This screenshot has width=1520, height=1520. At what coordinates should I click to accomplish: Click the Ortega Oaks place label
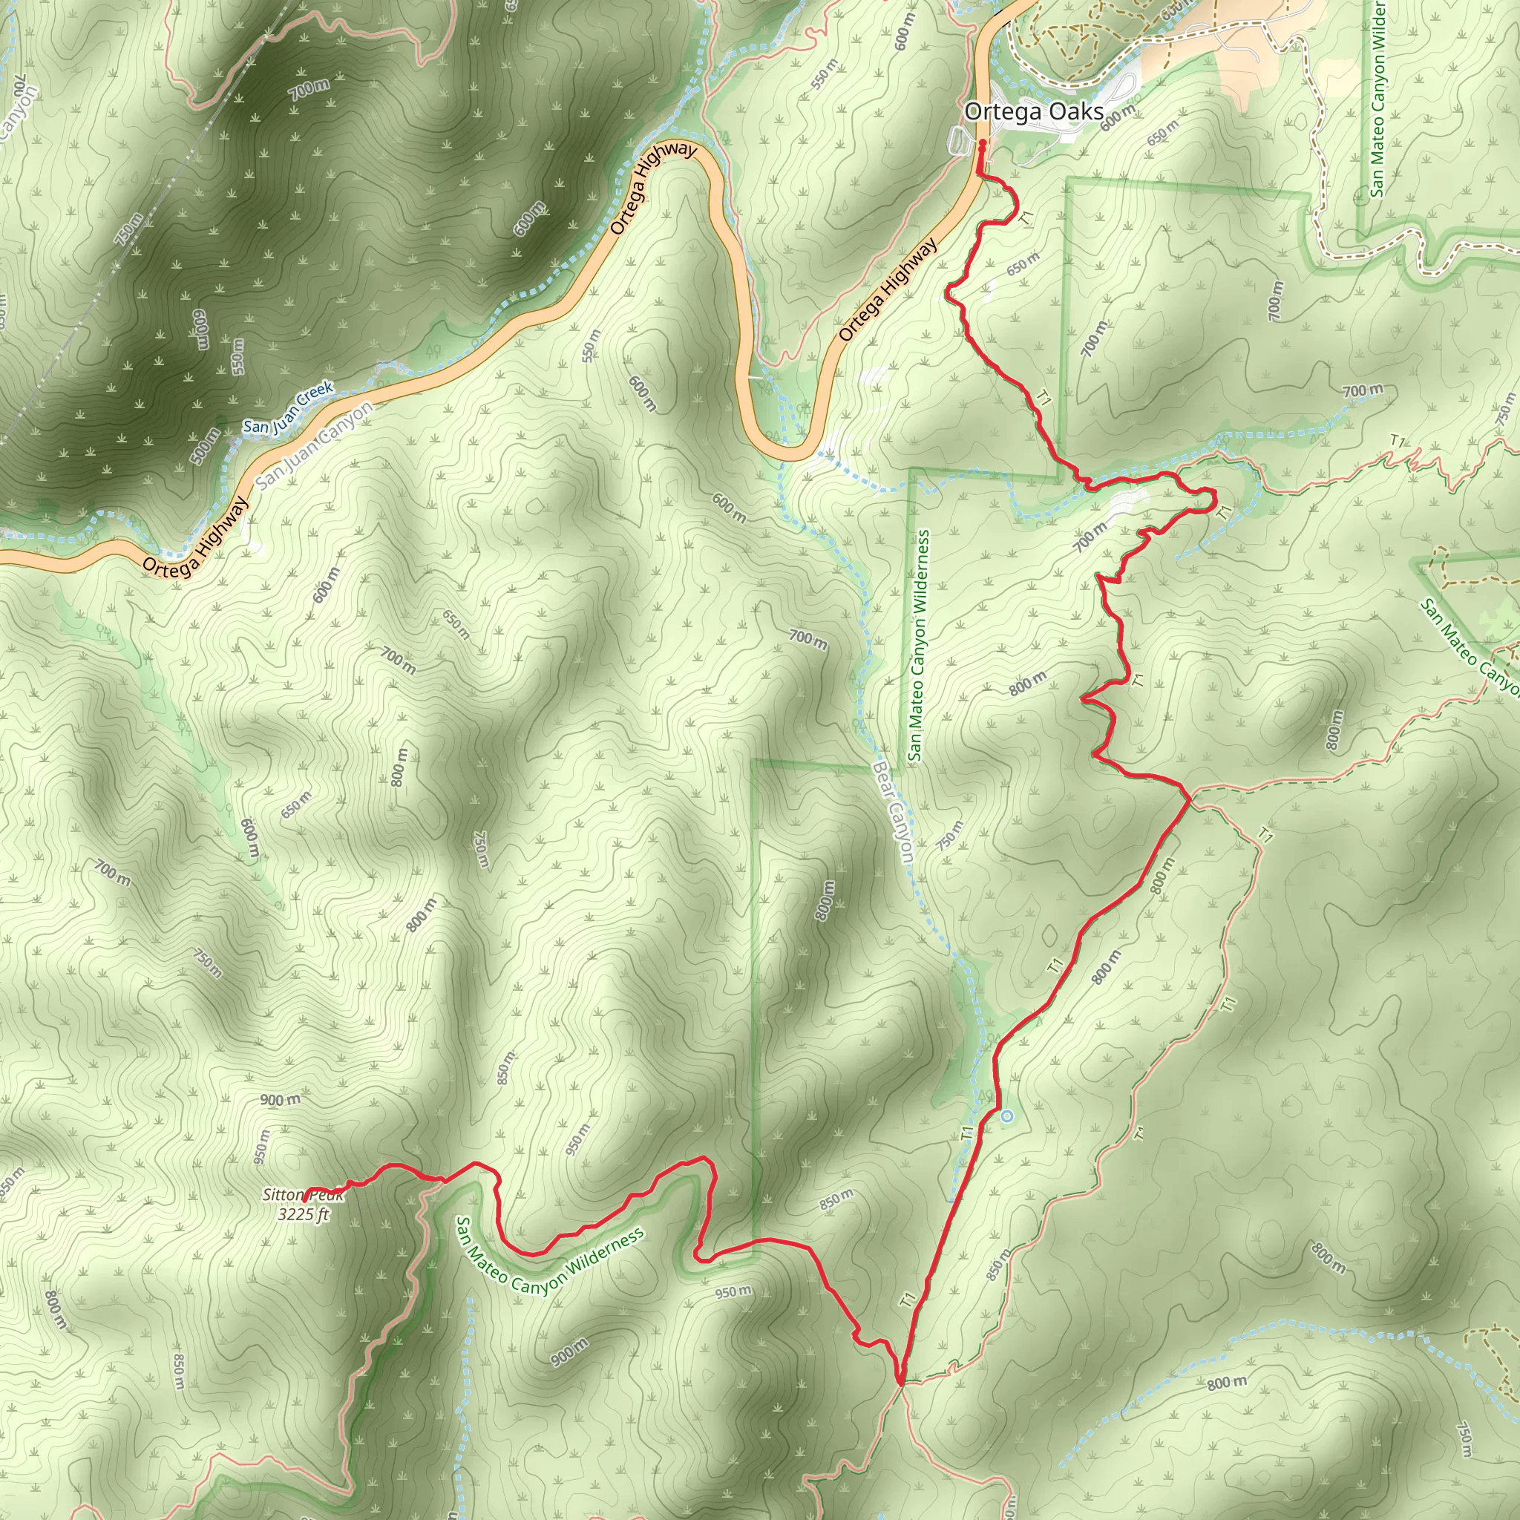coord(1034,112)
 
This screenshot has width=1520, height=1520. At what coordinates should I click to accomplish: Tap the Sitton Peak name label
coord(303,1195)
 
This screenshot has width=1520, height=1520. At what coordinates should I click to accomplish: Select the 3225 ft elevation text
coord(303,1215)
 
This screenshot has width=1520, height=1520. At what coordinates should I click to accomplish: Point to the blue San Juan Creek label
coord(288,407)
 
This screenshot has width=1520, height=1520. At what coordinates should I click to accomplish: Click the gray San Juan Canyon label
coord(315,445)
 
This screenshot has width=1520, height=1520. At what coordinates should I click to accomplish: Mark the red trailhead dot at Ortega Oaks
coord(983,143)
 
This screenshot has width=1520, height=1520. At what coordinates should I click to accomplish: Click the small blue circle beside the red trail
coord(1007,1116)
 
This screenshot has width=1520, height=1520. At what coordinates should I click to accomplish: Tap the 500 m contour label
coord(207,447)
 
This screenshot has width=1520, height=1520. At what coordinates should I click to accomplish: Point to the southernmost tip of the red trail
coord(900,1381)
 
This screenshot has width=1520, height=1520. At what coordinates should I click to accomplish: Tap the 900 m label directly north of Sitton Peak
coord(280,1100)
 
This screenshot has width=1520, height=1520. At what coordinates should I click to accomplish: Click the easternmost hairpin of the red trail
coord(1214,497)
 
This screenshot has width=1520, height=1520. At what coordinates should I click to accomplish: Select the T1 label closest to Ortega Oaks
coord(1026,219)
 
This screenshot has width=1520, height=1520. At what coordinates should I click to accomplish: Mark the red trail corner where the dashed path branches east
coord(1190,796)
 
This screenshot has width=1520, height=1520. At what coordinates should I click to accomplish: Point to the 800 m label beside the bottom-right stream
coord(1228,1382)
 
